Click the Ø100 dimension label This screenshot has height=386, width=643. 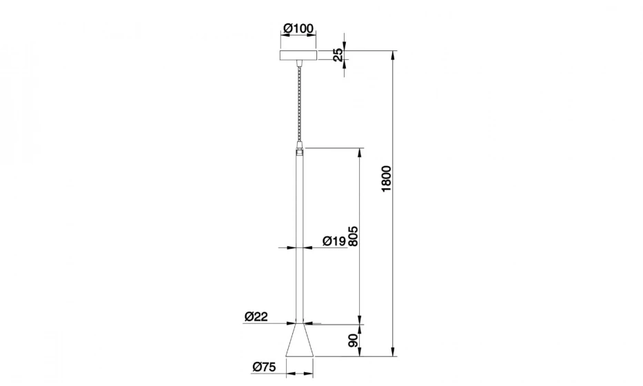[298, 28]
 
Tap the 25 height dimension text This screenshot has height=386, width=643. [338, 54]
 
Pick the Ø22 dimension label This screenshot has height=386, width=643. [256, 316]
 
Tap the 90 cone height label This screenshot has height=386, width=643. [353, 341]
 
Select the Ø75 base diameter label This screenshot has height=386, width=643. [264, 367]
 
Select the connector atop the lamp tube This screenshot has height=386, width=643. [298, 148]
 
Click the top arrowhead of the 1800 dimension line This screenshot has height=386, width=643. [393, 54]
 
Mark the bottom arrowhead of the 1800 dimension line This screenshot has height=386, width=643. [393, 352]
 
